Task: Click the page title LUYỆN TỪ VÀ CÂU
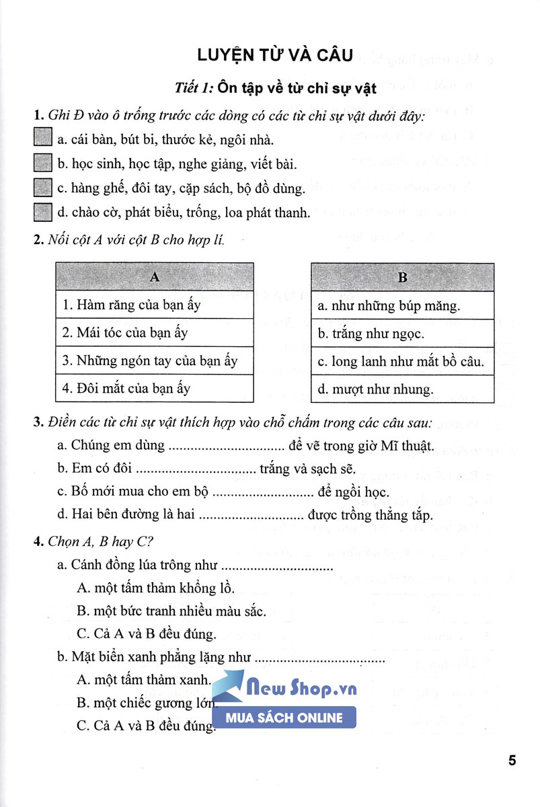click(x=270, y=54)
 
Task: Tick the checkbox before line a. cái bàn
click(x=42, y=139)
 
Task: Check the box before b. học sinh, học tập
click(x=42, y=163)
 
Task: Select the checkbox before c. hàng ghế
click(x=42, y=188)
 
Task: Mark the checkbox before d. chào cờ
click(x=42, y=213)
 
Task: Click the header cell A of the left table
click(x=154, y=276)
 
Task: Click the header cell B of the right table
click(x=403, y=277)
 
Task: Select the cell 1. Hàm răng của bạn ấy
click(x=154, y=305)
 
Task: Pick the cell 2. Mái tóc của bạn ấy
click(x=154, y=333)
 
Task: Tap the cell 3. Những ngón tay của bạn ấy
click(x=154, y=360)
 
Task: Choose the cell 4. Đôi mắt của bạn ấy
click(x=154, y=389)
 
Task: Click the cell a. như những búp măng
click(x=403, y=305)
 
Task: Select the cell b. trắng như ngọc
click(x=403, y=334)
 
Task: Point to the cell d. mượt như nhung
click(x=403, y=389)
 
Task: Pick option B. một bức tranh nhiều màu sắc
click(x=171, y=611)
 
